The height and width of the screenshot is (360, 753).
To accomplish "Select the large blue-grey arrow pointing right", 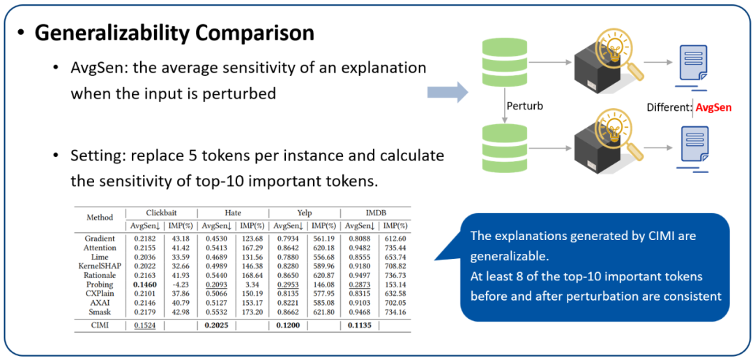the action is [x=447, y=91].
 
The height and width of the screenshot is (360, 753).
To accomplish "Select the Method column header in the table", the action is [x=100, y=217].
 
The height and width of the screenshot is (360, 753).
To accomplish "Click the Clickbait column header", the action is [x=162, y=212].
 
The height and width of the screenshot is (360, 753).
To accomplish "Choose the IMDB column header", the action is [x=376, y=212].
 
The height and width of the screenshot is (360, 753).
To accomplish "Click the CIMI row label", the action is [x=100, y=326].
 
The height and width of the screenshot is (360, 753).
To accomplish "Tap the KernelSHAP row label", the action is [x=100, y=266].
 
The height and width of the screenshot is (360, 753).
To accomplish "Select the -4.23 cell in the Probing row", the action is [x=180, y=284].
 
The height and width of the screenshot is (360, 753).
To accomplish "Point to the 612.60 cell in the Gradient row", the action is [x=394, y=239].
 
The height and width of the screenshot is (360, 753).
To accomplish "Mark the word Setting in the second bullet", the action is [x=87, y=156].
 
